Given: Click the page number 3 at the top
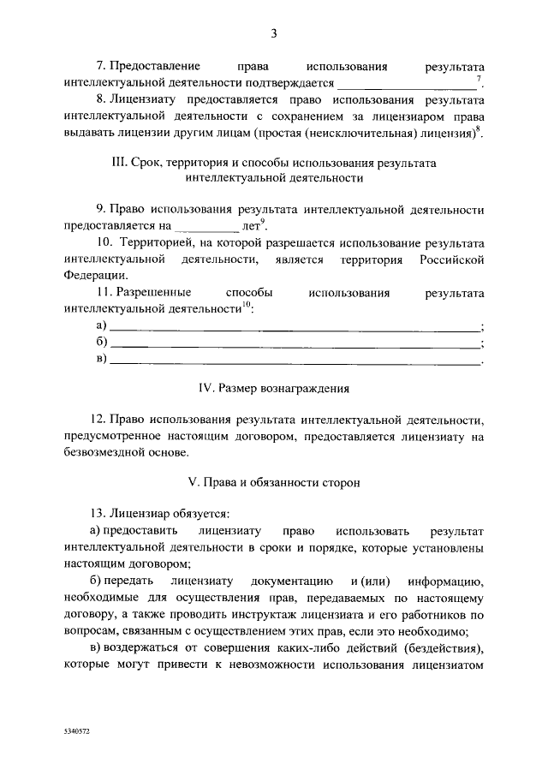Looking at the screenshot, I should pos(273,34).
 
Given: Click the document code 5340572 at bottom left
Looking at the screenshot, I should pos(77,734).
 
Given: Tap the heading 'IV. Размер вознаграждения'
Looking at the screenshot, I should pos(274,387).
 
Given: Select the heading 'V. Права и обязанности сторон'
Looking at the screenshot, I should pos(274,482).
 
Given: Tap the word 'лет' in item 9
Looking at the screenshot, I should pos(252,228).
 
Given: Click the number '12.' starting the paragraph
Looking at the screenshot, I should pos(97,420).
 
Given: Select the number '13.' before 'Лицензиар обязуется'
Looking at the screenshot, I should pos(97,514).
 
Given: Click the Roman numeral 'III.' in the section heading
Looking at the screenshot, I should pos(122,164).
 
